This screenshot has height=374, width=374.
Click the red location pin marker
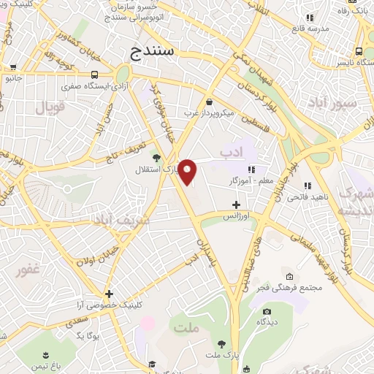coord(188,172)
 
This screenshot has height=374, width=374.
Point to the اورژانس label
coord(235,217)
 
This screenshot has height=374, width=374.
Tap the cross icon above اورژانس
coord(235,205)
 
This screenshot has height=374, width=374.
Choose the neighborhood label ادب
coord(229,153)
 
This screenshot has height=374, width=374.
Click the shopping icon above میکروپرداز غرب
coord(210,102)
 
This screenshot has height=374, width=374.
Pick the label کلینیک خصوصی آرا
coord(107,306)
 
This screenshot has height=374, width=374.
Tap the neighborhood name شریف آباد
coord(121,218)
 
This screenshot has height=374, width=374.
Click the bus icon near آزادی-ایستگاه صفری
coord(94,74)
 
